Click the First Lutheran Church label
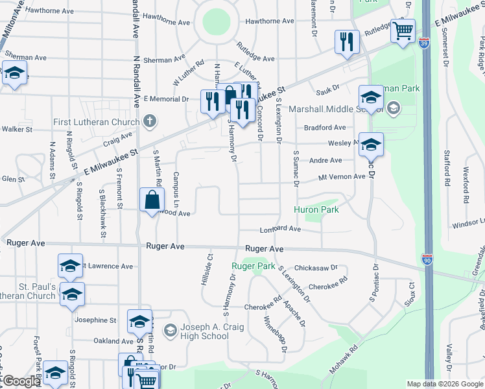click(97, 122)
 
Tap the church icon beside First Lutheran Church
click(150, 121)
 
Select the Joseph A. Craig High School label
click(206, 331)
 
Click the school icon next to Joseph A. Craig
click(170, 331)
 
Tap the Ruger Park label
click(254, 266)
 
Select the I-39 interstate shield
click(423, 43)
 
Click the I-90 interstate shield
click(427, 260)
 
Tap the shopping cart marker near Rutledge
click(403, 30)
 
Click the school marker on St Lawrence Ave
click(71, 266)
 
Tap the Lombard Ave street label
click(280, 229)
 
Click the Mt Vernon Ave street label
click(341, 177)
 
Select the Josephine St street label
click(95, 320)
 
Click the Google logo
click(21, 382)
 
